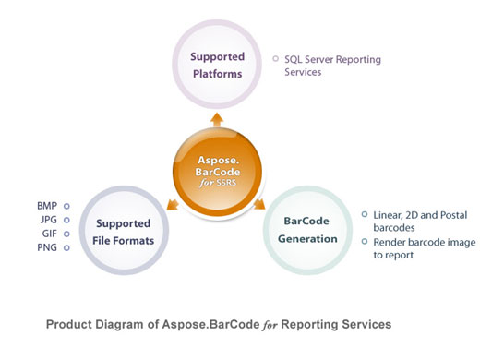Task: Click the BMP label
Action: tap(47, 206)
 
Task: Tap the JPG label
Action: tap(47, 220)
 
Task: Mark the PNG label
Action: tap(47, 247)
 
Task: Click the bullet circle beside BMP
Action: tap(66, 206)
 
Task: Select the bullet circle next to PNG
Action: tap(66, 247)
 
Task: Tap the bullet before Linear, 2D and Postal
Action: tap(364, 214)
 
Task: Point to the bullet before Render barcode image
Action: tap(364, 241)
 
